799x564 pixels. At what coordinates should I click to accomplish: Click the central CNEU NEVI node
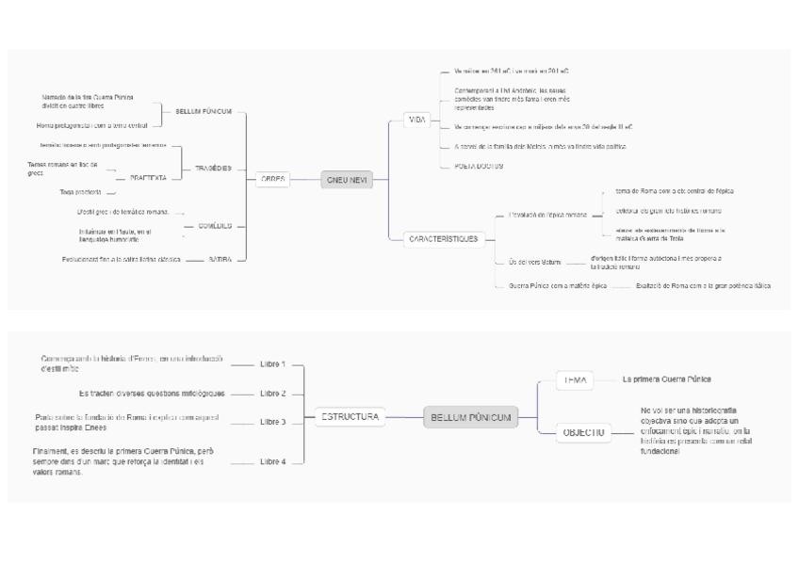point(347,179)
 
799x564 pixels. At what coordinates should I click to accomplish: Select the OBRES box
point(272,179)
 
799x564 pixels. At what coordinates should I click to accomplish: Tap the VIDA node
point(416,120)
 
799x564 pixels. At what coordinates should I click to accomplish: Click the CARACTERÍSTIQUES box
point(442,239)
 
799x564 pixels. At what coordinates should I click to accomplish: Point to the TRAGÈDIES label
point(213,169)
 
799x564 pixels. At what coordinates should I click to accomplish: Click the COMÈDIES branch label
point(215,226)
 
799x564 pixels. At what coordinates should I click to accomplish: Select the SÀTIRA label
point(220,258)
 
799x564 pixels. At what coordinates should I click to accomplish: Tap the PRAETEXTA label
point(148,178)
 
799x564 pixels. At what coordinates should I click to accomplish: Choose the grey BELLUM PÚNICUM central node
point(470,417)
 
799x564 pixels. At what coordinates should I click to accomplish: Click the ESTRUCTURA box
point(351,416)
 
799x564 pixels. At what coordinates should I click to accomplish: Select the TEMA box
point(575,380)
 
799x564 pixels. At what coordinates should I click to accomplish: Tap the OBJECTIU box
point(583,433)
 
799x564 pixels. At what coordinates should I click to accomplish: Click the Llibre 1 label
point(272,363)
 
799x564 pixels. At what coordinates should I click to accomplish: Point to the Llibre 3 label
point(272,422)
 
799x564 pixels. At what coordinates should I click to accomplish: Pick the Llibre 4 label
point(272,461)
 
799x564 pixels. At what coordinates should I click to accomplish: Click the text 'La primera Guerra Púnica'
point(666,379)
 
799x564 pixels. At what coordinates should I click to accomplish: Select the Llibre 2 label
point(272,394)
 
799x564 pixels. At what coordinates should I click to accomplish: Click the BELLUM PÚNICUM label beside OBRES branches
point(204,111)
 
